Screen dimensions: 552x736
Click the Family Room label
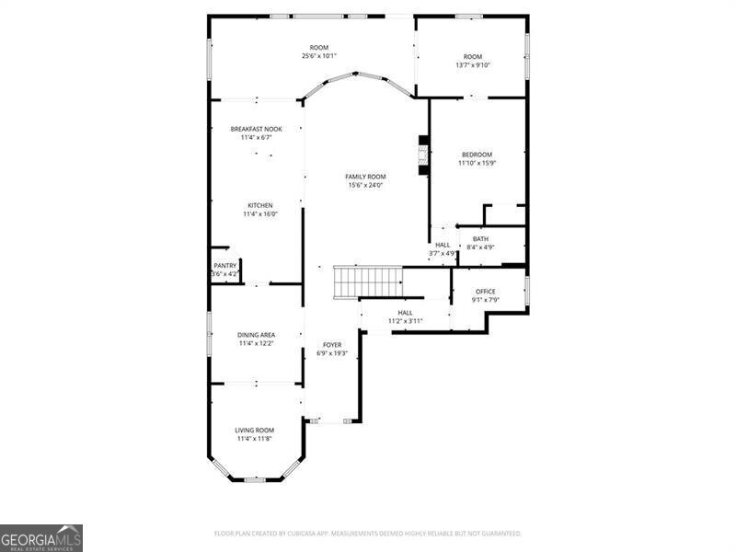pos(365,177)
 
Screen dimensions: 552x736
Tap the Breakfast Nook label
pos(256,130)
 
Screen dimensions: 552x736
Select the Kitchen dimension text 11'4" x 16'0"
pos(259,214)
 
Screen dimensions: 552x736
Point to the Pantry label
pos(224,266)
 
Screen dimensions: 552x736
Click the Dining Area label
pos(257,335)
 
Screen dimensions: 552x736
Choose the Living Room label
pos(254,430)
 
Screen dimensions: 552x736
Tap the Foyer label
pos(330,344)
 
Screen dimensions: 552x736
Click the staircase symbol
pos(367,282)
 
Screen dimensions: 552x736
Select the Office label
pos(485,292)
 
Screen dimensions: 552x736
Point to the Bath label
pos(480,239)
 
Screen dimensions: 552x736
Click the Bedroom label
pos(477,155)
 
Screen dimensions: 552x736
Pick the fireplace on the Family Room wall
pos(424,155)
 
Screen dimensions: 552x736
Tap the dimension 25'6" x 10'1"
pos(318,56)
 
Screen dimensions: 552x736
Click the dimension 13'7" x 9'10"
pos(473,65)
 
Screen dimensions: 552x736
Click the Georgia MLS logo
pos(41,537)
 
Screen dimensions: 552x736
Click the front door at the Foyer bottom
pos(330,420)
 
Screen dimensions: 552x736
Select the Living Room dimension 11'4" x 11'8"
pos(254,439)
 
